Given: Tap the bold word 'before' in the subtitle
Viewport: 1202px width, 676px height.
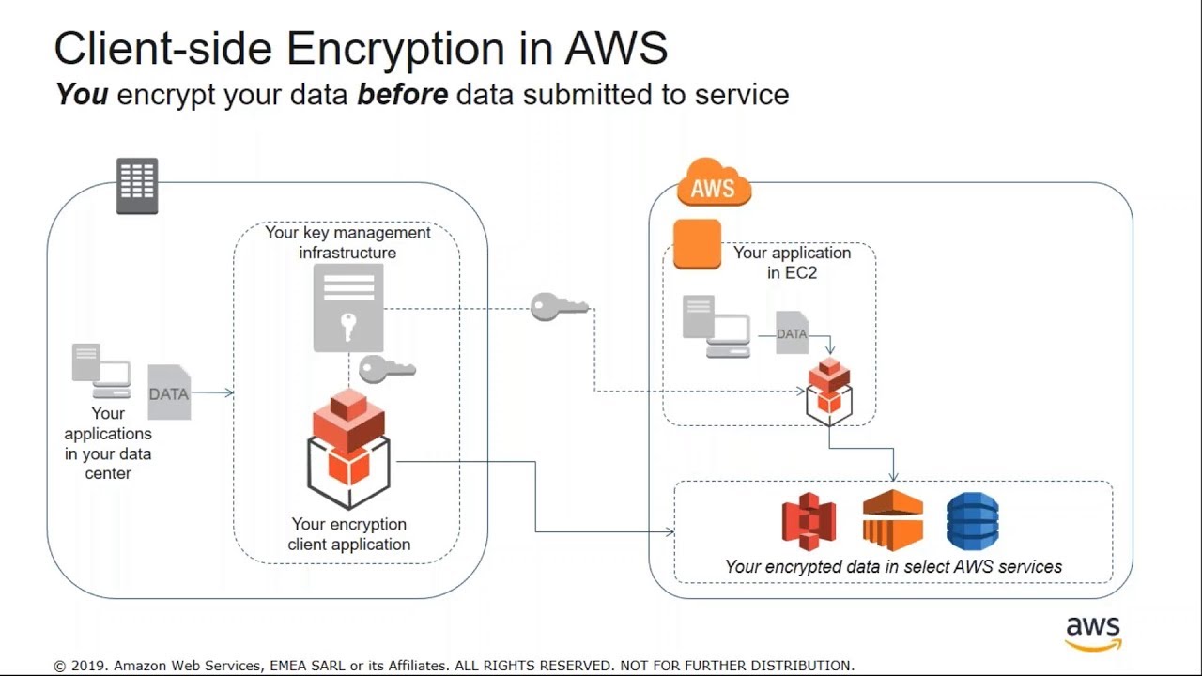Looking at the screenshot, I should (x=402, y=95).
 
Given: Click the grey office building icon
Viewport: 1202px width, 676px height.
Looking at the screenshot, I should (x=137, y=185).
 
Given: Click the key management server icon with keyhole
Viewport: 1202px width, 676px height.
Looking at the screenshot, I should (x=348, y=307).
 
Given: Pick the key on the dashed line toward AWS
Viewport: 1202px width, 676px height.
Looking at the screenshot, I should (x=560, y=307).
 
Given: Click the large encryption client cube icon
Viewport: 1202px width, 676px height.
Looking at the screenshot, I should (x=348, y=448).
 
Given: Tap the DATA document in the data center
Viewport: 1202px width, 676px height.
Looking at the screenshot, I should (x=169, y=392).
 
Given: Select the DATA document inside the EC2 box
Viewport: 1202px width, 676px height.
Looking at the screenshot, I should (x=792, y=332).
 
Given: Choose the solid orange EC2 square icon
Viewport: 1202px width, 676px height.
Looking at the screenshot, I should (x=698, y=244).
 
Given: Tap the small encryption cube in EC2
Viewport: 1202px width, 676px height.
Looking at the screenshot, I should (x=829, y=391).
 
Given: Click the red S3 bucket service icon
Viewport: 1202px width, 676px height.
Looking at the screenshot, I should (x=809, y=521).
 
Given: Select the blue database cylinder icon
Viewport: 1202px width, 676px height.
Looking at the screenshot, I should (x=972, y=521).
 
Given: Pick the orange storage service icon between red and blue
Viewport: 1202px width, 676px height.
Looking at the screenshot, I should (x=892, y=520).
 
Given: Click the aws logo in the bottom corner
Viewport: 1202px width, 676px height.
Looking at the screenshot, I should (x=1093, y=633).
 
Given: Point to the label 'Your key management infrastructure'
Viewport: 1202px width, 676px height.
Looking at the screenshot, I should (x=347, y=242).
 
